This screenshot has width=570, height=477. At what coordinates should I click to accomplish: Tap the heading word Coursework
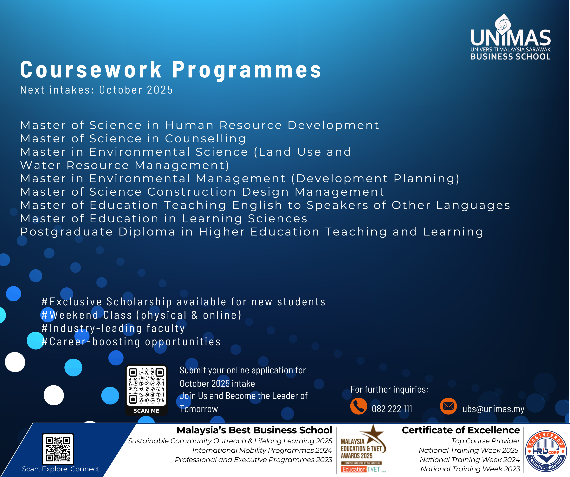tap(91, 70)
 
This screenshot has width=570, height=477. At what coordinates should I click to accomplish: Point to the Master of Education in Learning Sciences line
tap(164, 218)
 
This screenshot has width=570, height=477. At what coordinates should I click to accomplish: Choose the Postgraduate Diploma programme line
tap(252, 232)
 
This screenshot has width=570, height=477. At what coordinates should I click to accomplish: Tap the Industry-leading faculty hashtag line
tap(113, 328)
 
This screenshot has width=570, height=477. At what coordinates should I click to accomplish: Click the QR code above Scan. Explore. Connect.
tap(58, 449)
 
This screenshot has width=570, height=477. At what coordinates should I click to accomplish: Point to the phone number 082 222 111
tap(392, 409)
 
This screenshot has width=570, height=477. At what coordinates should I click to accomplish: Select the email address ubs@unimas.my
tap(493, 409)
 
